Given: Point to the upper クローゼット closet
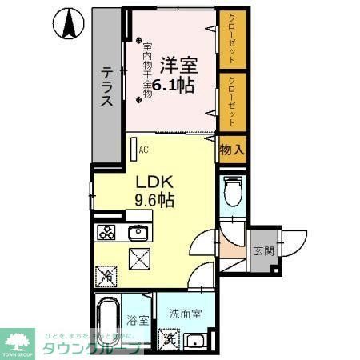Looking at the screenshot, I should [231, 39].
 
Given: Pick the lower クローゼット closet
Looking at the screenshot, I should [231, 102].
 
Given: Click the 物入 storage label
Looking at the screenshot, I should [231, 150].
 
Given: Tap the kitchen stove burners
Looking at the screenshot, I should [107, 234].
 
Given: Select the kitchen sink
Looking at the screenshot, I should [138, 234].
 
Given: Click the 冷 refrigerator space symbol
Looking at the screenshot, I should [107, 277].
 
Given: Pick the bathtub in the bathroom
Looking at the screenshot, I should [107, 324].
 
